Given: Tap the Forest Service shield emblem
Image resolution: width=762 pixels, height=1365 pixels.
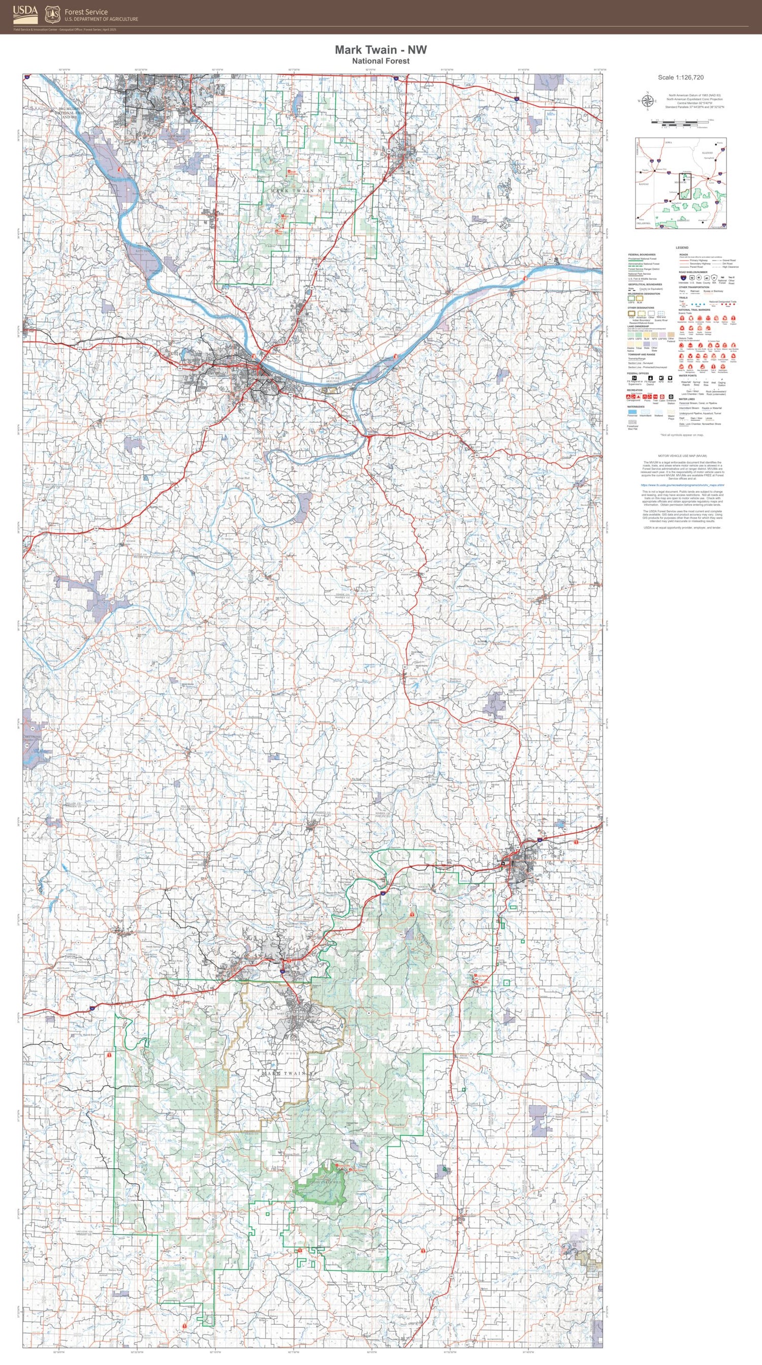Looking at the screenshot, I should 52,14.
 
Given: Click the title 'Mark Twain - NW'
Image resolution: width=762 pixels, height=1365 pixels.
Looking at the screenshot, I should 380,50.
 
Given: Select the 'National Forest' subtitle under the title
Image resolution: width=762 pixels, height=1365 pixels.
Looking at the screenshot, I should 380,61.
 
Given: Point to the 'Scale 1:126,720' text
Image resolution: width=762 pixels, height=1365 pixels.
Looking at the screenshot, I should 680,77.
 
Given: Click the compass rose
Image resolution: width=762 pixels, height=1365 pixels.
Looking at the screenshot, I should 647,101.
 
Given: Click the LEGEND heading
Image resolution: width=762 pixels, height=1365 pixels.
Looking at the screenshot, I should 682,247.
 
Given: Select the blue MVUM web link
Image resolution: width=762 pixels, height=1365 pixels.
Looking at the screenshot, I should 682,484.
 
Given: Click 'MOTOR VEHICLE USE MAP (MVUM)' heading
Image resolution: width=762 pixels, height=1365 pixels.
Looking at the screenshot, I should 682,456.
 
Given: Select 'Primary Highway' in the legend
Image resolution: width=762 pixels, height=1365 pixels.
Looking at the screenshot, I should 698,260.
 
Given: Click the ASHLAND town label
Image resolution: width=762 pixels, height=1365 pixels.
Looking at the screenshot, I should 217,202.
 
